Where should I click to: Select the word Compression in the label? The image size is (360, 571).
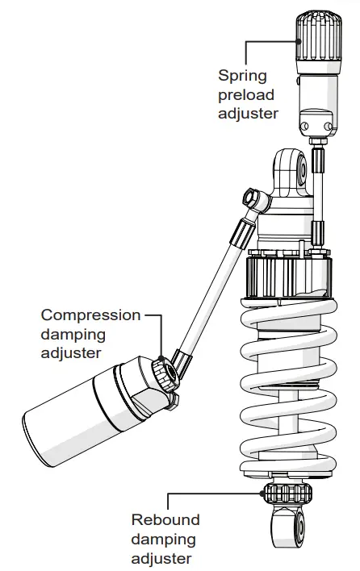(x=90, y=315)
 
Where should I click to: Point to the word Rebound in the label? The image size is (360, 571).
(x=165, y=520)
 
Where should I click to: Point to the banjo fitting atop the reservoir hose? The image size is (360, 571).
(x=251, y=199)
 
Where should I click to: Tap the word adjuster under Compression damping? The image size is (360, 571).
(x=71, y=352)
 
